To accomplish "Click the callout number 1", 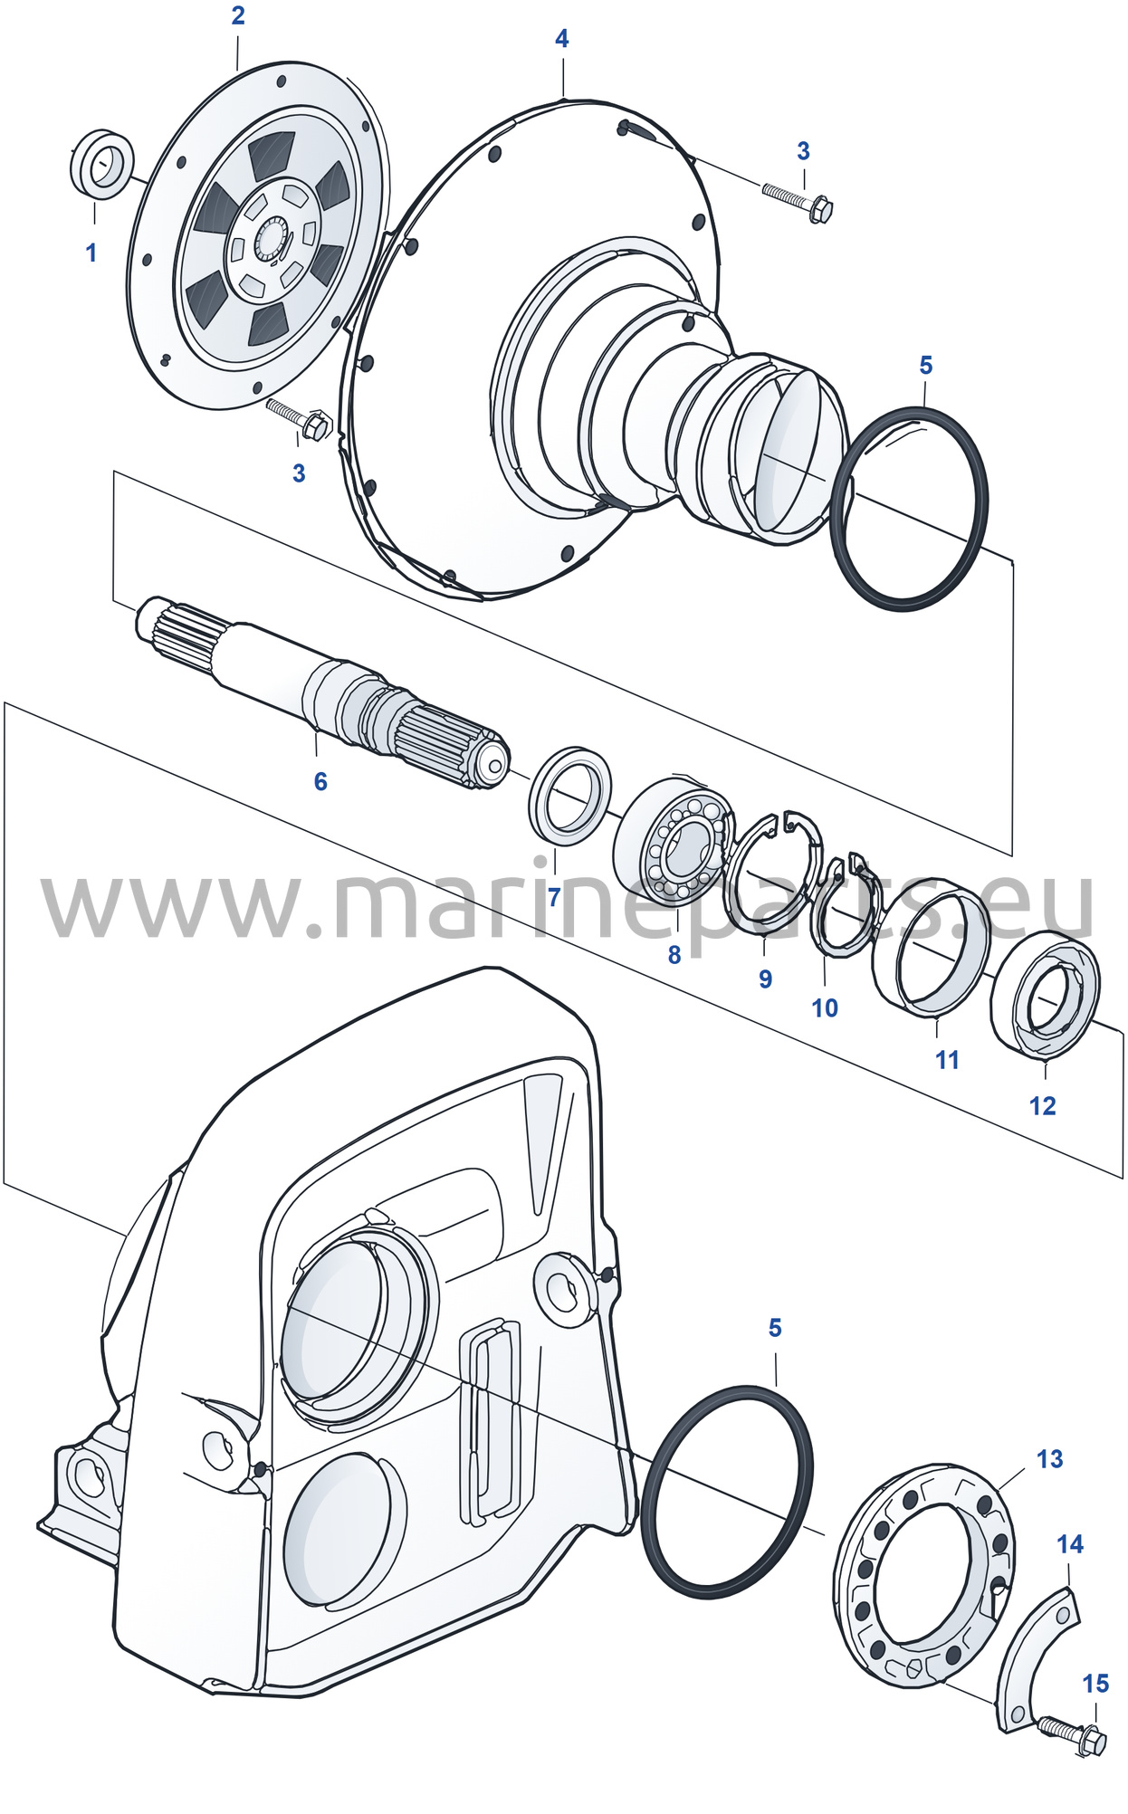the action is tap(91, 253).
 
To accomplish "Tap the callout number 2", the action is tap(238, 15).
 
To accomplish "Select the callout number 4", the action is tap(561, 39).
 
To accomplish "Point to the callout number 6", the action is tap(320, 781).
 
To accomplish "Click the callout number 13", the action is tap(1049, 1459).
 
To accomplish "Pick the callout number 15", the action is tap(1095, 1684).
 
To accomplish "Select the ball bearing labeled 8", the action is tap(674, 841).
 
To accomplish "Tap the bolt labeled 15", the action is tap(1073, 1734).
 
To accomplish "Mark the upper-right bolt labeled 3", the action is tap(797, 201).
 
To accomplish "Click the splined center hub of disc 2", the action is tap(271, 240).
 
